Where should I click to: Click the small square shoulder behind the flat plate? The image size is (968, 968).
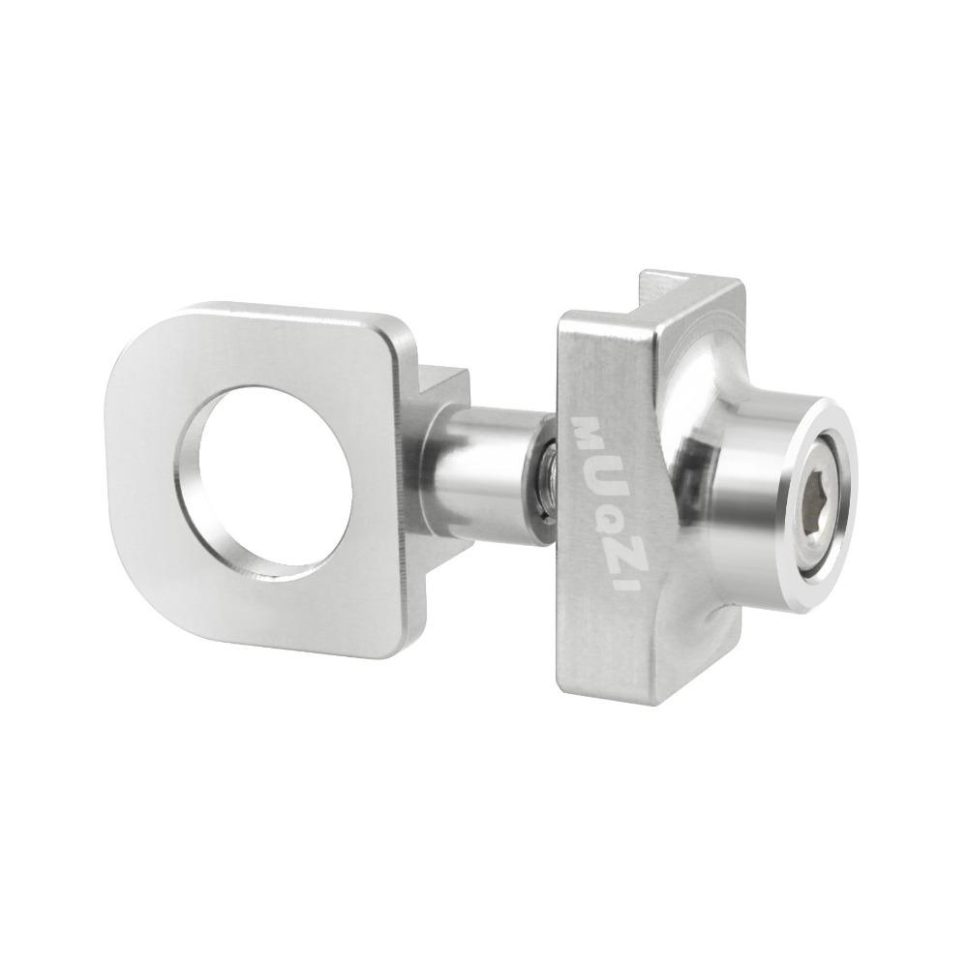pos(440,387)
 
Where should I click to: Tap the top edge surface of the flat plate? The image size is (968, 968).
pos(290,315)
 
